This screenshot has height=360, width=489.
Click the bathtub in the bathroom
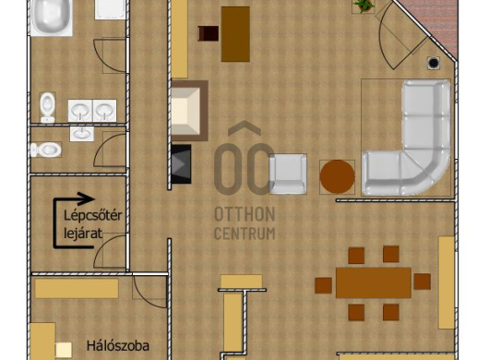pos(52,18)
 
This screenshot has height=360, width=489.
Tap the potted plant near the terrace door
pos(363,6)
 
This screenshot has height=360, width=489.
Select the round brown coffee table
pos(337,176)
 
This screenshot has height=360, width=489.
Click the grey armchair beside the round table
pos(288,174)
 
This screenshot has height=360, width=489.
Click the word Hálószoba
pos(118,345)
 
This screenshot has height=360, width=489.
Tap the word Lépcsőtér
pos(92,216)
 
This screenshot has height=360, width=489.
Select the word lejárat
pos(83,233)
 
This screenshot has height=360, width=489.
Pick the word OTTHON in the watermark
pos(244,214)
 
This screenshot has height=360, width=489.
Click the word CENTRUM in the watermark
pos(244,234)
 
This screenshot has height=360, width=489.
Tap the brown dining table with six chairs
pos(374,283)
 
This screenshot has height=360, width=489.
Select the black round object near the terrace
pos(433,64)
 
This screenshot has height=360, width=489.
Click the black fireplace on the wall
pos(181,163)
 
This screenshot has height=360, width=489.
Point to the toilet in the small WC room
pos(46,150)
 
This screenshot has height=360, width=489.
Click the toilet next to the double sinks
pos(47,107)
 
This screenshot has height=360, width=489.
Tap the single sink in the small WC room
pos(82,134)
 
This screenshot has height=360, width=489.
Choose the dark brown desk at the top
pos(235,34)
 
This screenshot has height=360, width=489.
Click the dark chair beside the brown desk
pos(209,33)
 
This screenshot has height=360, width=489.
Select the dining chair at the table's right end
pos(423,282)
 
